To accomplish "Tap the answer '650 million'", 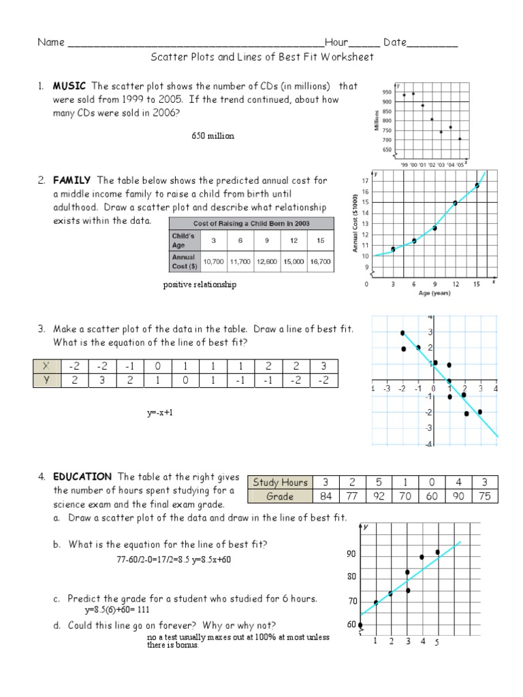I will [212, 136].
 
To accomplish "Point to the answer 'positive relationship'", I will [200, 285].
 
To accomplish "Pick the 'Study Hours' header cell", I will [281, 483].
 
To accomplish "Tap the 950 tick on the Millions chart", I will [387, 92].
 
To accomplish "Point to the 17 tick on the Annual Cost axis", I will [366, 181].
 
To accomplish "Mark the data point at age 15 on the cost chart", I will [477, 185].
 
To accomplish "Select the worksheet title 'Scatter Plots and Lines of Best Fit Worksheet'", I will [262, 57].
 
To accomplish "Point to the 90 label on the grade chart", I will [351, 555].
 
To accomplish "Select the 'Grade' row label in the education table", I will [281, 496].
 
